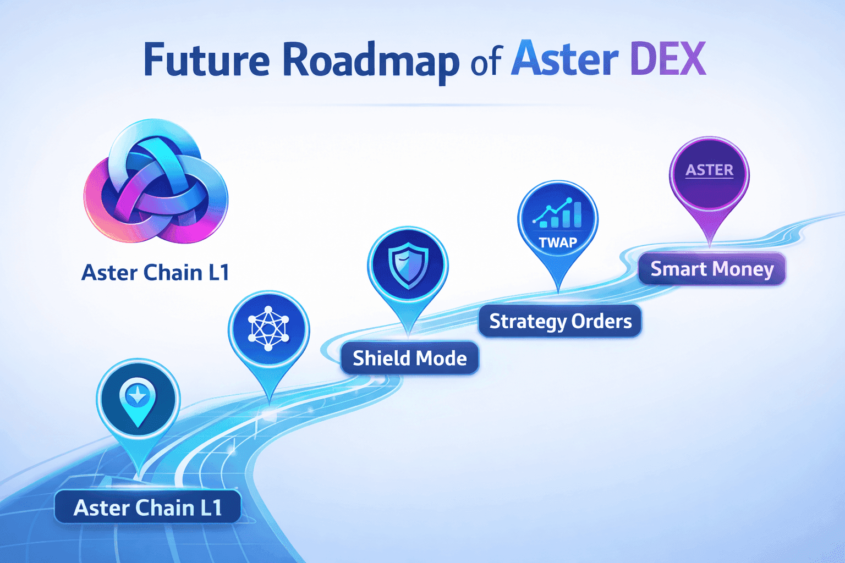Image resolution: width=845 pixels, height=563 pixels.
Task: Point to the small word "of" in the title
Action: (x=486, y=63)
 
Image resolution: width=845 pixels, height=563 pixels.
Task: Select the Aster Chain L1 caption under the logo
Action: (x=155, y=273)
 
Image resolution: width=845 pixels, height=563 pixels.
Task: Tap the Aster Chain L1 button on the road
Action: (x=147, y=507)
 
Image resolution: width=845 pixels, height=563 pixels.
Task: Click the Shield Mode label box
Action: (x=409, y=358)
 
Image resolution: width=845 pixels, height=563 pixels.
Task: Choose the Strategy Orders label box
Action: (x=560, y=321)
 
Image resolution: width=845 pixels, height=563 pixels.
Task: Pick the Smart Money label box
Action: (x=712, y=269)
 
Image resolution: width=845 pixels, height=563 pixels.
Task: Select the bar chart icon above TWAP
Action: (x=558, y=214)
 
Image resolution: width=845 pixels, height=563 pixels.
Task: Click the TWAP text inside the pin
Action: (x=558, y=242)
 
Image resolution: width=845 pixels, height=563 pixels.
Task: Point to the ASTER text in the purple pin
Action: (x=709, y=170)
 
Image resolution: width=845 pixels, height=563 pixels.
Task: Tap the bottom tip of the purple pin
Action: (x=710, y=244)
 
